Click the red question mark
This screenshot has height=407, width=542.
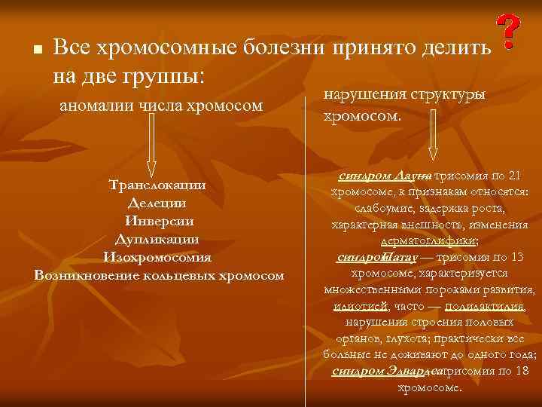510,33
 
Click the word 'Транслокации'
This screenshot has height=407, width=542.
157,185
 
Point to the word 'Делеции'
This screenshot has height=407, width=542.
157,203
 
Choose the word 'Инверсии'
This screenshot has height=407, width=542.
158,221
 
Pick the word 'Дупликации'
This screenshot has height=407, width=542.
157,239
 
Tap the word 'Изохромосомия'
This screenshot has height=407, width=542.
157,257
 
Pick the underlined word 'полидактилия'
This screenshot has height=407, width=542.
485,307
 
